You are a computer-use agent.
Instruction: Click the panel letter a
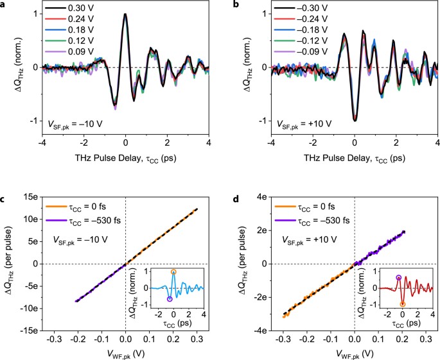point(4,4)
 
